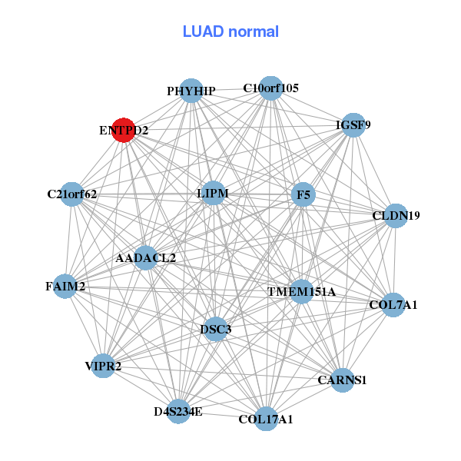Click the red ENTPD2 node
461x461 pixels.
click(124, 130)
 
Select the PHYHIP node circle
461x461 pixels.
click(191, 91)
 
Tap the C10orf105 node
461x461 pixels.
click(270, 88)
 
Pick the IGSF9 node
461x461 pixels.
click(353, 125)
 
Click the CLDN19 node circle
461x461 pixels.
click(396, 215)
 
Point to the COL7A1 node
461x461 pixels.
click(393, 305)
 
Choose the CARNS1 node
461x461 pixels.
click(342, 380)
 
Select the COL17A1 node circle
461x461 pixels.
click(266, 419)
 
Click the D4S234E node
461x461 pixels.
click(178, 411)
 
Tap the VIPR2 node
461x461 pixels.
click(103, 366)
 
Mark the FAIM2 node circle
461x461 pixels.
click(65, 286)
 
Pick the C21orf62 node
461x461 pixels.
click(71, 194)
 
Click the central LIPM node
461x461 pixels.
click(213, 193)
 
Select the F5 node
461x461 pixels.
click(303, 194)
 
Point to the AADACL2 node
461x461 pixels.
click(145, 258)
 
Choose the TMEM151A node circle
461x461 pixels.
click(301, 291)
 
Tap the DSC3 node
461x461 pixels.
click(215, 329)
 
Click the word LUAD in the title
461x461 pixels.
click(203, 32)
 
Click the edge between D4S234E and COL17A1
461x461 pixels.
click(222, 415)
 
